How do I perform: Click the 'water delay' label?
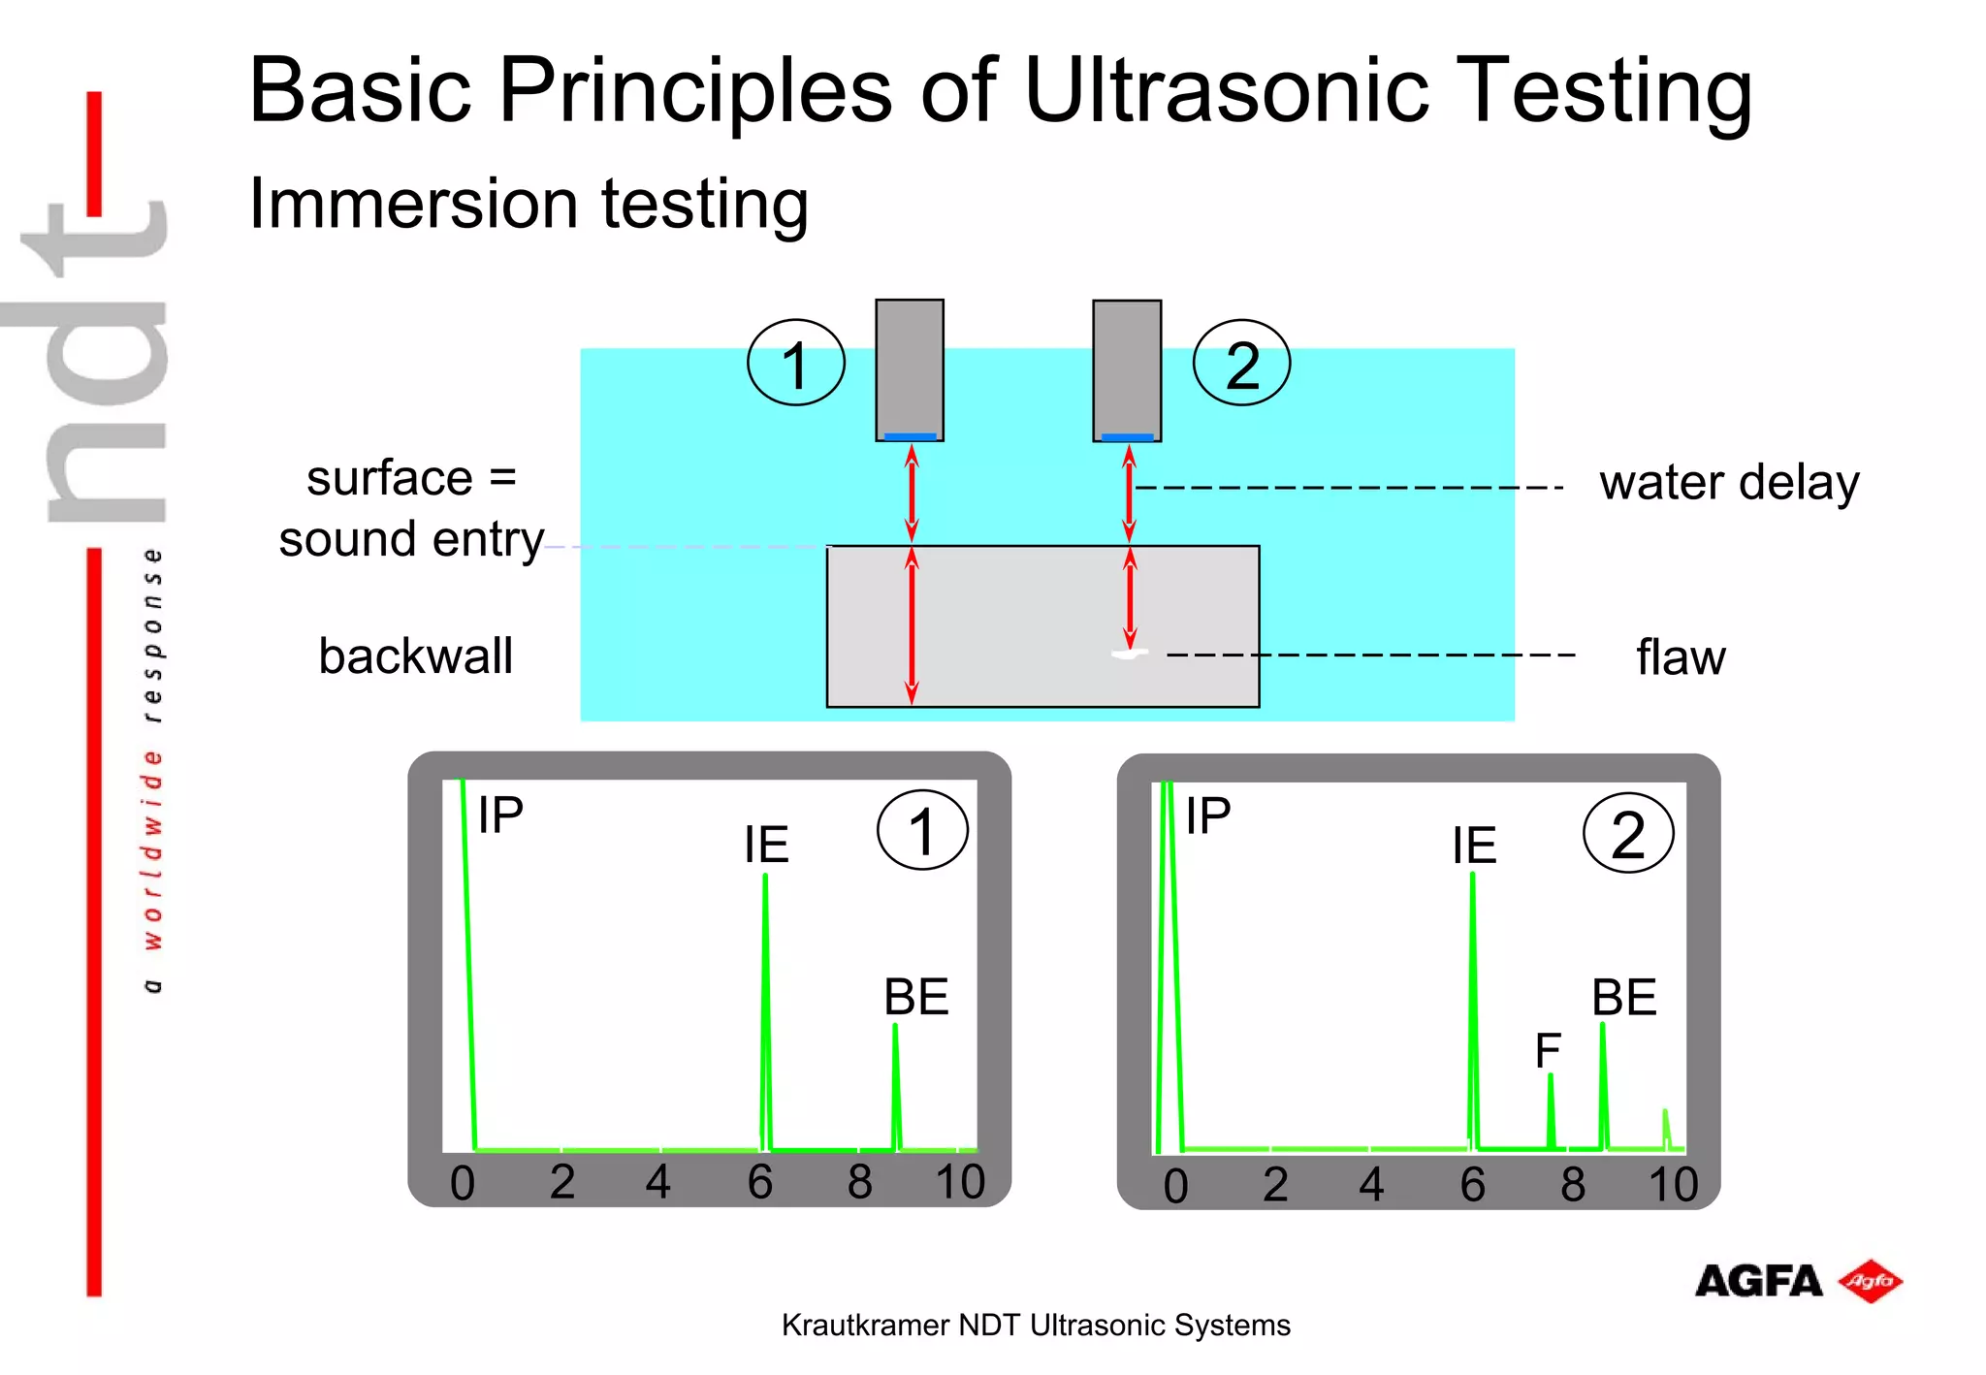coord(1729,483)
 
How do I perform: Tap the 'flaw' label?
coord(1681,657)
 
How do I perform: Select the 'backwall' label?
coord(415,656)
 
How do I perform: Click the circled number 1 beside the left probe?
coord(796,364)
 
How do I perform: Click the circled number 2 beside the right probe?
coord(1241,364)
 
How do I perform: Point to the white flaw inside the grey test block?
coord(1128,655)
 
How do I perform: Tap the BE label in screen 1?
coord(915,997)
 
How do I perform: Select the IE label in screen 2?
coord(1474,846)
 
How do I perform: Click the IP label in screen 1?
coord(500,815)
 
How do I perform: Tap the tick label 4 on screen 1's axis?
coord(658,1182)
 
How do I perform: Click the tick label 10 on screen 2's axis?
coord(1673,1185)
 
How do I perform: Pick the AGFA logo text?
coord(1757,1282)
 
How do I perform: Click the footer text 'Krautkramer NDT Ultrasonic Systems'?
coord(1036,1326)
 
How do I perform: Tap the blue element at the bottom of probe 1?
coord(910,436)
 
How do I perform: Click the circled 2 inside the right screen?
coord(1628,834)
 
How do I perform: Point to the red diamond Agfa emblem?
coord(1870,1282)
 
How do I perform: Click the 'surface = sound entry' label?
coord(411,509)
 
